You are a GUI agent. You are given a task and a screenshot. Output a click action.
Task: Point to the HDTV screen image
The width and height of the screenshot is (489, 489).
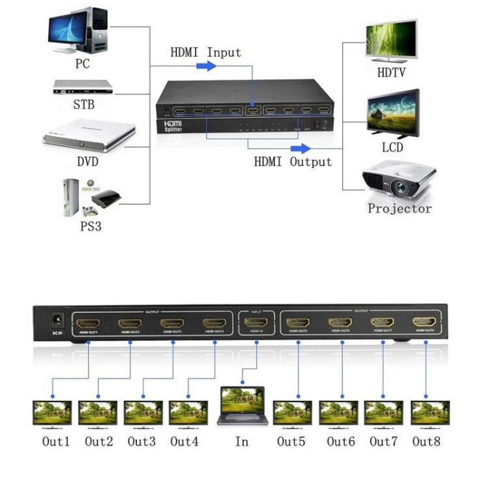391,40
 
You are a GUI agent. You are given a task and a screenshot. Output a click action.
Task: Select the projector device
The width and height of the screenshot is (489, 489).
398,182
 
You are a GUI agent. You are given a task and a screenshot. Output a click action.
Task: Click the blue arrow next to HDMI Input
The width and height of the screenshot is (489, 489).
207,66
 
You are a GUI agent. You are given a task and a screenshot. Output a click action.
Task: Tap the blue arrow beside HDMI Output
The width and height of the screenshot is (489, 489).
300,149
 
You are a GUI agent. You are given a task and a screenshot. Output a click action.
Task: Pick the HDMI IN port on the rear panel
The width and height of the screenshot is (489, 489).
257,322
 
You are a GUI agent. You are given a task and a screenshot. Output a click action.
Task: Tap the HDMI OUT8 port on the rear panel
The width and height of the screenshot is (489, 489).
425,322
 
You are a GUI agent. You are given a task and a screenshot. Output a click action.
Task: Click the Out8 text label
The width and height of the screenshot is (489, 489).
426,441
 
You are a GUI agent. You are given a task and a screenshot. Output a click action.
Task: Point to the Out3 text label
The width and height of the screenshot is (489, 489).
141,441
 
